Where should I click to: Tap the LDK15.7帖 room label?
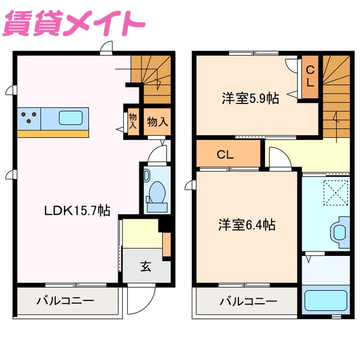pos(78,210)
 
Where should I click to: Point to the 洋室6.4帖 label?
pos(247,225)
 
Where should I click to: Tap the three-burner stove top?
pos(30,118)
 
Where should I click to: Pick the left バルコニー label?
pos(65,301)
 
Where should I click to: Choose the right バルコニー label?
pos(248,301)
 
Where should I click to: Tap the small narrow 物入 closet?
pos(132,120)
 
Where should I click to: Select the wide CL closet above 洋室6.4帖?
pos(228,154)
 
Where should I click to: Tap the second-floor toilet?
pos(340,232)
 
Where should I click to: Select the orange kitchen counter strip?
pos(53,134)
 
